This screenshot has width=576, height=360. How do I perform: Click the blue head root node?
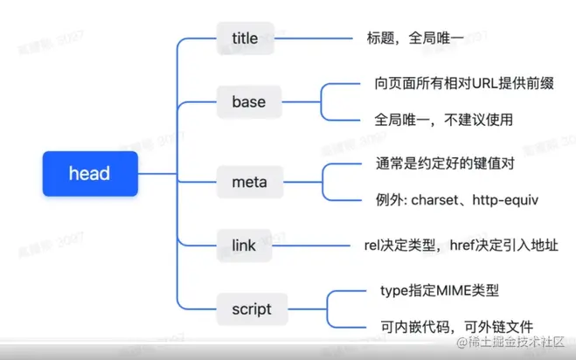click(89, 173)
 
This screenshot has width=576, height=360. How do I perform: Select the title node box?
click(245, 38)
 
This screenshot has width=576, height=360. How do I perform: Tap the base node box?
click(248, 102)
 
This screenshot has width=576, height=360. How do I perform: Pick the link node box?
click(245, 246)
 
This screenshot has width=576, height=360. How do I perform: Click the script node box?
click(252, 309)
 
